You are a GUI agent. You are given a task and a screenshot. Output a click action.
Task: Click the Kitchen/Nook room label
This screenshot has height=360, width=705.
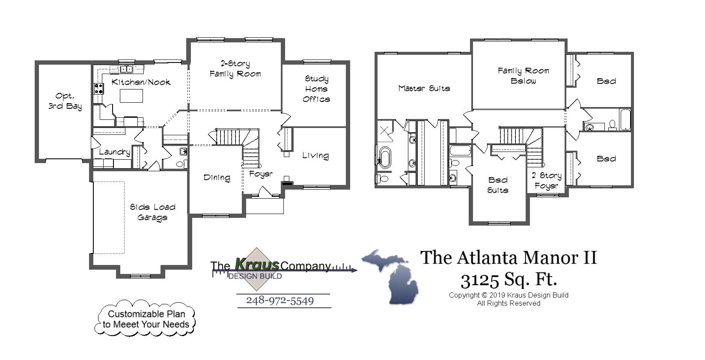pos(141,82)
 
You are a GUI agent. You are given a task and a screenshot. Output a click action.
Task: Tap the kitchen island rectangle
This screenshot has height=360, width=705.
pos(131,96)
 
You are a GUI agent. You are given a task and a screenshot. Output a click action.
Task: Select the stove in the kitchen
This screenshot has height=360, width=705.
pos(98,89)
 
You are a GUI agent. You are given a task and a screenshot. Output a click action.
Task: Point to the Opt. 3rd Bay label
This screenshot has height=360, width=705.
pos(65,101)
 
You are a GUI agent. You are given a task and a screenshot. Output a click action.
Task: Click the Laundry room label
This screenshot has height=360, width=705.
pos(114,152)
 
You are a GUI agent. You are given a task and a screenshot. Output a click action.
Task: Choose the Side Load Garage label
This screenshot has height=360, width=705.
pos(152,212)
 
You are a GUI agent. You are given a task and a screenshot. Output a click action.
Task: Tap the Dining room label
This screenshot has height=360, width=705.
pos(217,177)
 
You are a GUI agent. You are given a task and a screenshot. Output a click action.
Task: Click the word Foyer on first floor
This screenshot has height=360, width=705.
pos(261,174)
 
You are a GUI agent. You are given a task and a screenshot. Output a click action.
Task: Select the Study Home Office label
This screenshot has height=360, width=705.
pos(316,89)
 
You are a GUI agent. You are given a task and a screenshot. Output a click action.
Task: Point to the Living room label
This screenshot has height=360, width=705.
pos(315,155)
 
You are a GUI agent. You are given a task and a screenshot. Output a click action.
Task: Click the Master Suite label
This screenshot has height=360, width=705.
pos(424,88)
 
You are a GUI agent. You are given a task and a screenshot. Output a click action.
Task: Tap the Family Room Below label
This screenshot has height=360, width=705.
pos(523,75)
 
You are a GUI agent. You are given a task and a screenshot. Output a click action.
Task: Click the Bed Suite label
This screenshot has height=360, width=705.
pos(497,185)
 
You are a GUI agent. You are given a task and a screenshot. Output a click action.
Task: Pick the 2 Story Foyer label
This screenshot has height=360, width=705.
pos(546,180)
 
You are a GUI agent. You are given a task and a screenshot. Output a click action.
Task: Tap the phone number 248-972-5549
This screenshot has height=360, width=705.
pos(280,300)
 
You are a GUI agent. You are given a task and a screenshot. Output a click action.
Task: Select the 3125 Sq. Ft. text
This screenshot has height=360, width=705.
pos(509,280)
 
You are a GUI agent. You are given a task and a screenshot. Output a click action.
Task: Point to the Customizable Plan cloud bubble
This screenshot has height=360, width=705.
pos(146,319)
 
